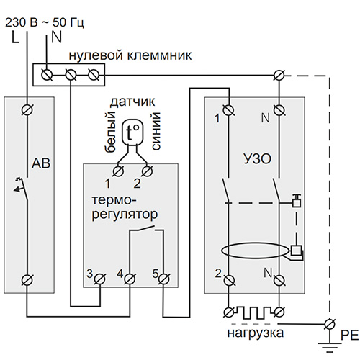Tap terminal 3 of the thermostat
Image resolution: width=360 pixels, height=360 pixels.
click(x=99, y=279)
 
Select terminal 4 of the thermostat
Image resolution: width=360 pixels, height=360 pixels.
click(x=130, y=279)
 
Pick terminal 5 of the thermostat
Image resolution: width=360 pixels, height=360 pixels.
click(x=163, y=279)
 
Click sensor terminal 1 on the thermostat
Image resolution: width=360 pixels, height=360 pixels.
click(x=119, y=171)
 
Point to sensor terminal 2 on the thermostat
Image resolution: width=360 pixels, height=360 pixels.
click(x=147, y=171)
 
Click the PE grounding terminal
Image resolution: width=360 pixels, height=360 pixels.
click(x=330, y=325)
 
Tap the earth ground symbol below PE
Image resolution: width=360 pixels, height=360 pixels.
click(x=330, y=347)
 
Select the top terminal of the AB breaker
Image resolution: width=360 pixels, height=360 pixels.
click(x=27, y=110)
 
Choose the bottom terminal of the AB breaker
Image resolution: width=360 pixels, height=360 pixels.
click(x=27, y=280)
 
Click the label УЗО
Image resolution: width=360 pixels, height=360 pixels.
click(x=257, y=158)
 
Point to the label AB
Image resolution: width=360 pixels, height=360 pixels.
click(x=41, y=163)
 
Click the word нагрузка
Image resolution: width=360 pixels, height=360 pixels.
click(x=256, y=333)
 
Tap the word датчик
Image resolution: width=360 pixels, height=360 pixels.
click(x=132, y=102)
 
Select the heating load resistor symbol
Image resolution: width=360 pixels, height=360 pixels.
click(x=254, y=312)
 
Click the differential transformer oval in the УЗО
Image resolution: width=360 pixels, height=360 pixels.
click(x=255, y=251)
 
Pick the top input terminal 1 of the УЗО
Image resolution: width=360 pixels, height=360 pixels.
click(x=228, y=110)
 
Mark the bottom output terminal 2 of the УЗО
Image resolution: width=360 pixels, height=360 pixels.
click(x=230, y=280)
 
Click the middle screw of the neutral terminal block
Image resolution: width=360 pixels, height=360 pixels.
click(x=71, y=75)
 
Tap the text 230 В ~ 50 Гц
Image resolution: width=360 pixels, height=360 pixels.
click(x=45, y=23)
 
